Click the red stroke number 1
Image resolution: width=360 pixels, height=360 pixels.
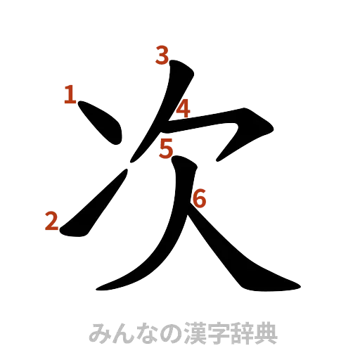click(x=69, y=95)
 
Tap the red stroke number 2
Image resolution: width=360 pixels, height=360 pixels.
click(x=51, y=221)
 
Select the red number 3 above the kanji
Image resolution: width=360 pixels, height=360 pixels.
click(x=162, y=56)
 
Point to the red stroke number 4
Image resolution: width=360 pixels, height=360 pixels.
click(x=183, y=109)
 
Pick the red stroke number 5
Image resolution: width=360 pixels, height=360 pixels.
click(x=166, y=148)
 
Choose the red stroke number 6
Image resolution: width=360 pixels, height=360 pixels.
click(x=199, y=200)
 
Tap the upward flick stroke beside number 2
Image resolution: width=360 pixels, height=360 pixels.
click(x=95, y=204)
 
